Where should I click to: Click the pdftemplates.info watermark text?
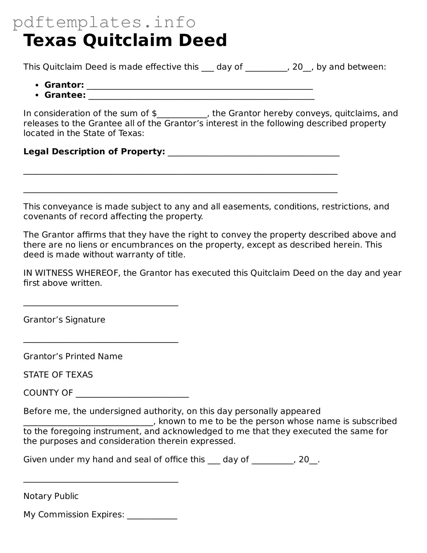click(104, 23)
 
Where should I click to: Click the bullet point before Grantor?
click(37, 85)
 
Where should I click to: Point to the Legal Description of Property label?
click(94, 151)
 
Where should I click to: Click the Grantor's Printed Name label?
click(73, 356)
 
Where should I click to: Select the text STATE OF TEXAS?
click(58, 374)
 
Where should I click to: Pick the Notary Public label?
click(51, 496)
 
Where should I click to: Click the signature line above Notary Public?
click(101, 481)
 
